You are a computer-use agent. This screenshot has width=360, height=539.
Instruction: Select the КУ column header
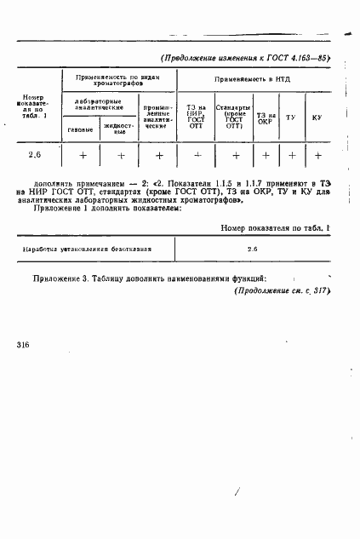[317, 116]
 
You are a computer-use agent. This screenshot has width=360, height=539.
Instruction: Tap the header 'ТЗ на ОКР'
[266, 116]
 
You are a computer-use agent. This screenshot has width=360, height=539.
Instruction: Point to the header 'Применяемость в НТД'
[254, 78]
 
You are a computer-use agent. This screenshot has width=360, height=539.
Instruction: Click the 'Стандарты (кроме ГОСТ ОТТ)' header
[232, 116]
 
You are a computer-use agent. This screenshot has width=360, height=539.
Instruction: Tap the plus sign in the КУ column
[317, 156]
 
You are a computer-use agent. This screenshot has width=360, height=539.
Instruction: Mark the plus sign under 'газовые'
[83, 156]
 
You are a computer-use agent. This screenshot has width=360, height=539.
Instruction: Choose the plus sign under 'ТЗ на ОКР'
[266, 156]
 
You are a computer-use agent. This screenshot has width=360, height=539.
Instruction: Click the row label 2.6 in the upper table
[35, 155]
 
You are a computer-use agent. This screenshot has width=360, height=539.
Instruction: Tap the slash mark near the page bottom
[237, 492]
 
